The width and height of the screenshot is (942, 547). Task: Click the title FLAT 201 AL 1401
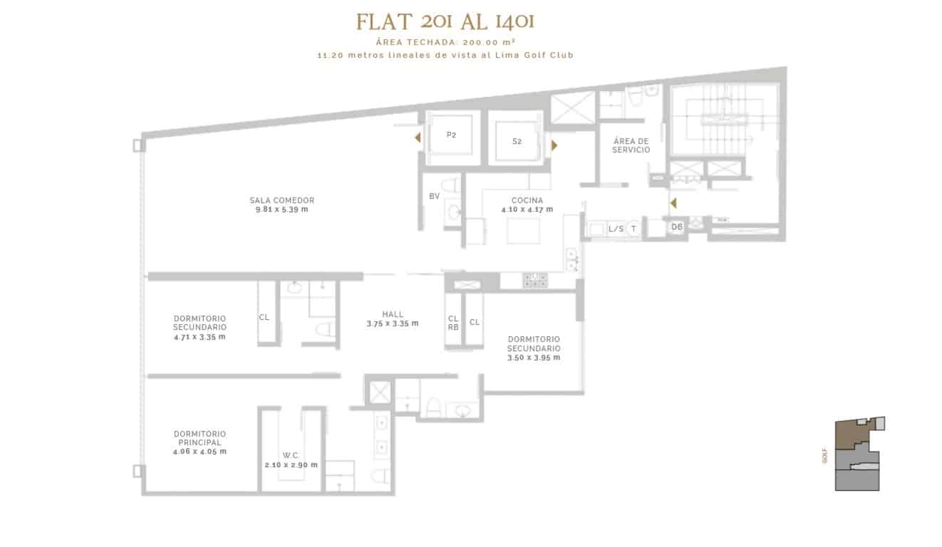(445, 22)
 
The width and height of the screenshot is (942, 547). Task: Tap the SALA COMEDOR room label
(281, 200)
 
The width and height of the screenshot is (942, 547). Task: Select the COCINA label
(527, 201)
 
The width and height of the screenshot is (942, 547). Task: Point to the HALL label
(393, 314)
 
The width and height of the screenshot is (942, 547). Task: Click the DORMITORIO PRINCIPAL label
(200, 438)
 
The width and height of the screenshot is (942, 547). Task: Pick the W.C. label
(291, 455)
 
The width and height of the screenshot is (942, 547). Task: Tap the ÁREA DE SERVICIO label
(631, 145)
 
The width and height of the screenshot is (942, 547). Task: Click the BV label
(435, 196)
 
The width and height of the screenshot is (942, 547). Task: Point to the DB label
(677, 227)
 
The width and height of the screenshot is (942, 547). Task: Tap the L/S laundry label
(616, 229)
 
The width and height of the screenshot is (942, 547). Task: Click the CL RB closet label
(453, 323)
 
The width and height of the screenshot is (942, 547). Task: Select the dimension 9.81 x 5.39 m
(281, 209)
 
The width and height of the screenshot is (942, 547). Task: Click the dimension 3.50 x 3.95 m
(534, 358)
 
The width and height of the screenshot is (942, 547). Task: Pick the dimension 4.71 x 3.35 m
(200, 337)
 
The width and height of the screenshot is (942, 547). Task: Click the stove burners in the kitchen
(535, 281)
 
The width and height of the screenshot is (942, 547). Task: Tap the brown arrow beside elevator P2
(418, 137)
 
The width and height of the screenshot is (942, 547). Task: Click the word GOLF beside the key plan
(824, 456)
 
